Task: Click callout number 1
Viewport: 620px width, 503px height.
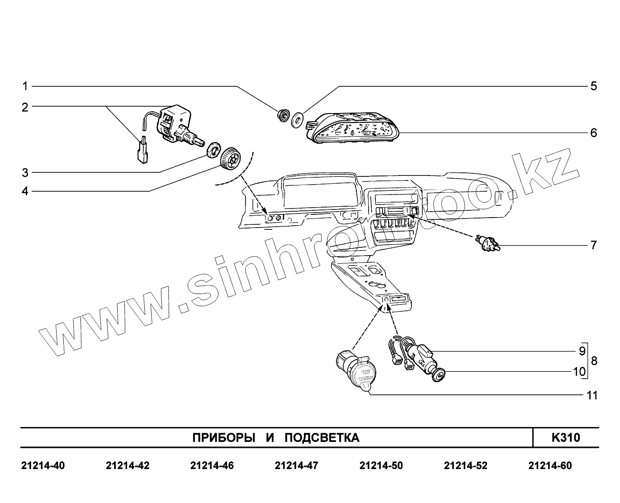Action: [25, 86]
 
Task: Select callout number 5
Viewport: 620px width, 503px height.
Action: [594, 86]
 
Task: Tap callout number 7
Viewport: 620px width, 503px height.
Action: [594, 245]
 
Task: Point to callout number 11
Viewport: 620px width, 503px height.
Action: [592, 395]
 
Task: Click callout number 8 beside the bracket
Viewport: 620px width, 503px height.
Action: [594, 361]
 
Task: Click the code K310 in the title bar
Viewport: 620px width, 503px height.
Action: [565, 437]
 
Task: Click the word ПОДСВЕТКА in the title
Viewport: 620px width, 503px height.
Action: [322, 438]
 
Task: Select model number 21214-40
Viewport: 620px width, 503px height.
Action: [43, 465]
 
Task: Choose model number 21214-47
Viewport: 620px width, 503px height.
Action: [296, 465]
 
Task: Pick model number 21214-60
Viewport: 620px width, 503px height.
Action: [550, 465]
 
